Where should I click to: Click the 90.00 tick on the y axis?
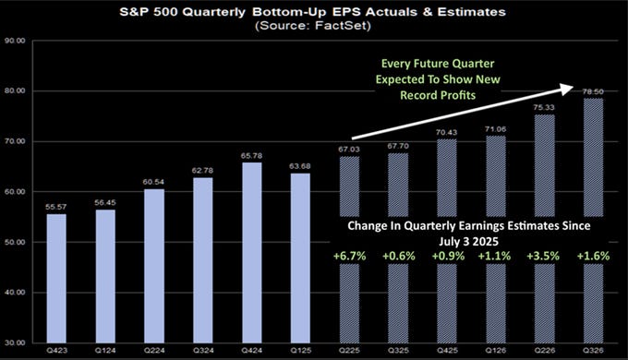(x=15, y=42)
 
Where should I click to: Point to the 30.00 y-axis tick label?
(x=15, y=342)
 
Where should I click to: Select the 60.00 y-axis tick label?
(x=15, y=192)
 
